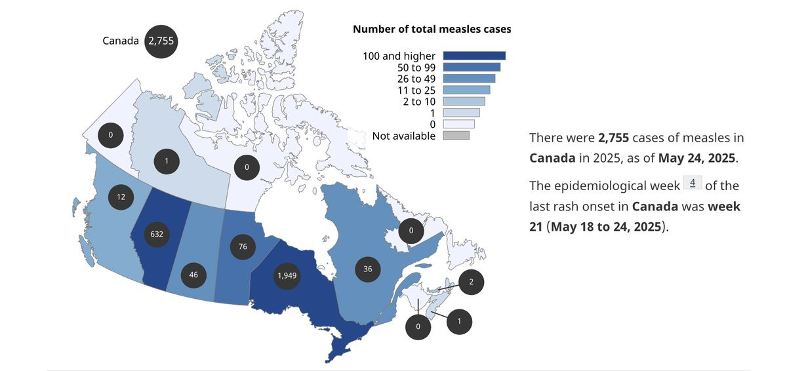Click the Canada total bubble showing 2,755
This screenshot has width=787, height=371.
pos(161,41)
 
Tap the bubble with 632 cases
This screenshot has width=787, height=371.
pos(157,234)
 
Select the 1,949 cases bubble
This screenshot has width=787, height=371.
pos(287,275)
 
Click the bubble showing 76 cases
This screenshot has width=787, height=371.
pos(243,246)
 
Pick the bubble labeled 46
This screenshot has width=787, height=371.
pos(193,275)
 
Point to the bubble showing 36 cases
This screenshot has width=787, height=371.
pos(367,269)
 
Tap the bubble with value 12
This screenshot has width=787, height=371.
pos(121,197)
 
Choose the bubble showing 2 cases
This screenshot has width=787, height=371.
pos(471,282)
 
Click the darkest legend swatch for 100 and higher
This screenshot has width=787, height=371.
pos(474,56)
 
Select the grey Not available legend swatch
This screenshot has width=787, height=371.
pos(456,136)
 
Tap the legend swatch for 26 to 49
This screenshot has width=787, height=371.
pos(469,79)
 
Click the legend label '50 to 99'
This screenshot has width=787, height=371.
pos(416,68)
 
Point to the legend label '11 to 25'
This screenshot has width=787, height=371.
pos(416,90)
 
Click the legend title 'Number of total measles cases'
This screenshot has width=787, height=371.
pos(432,29)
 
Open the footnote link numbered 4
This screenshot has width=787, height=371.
pos(693,182)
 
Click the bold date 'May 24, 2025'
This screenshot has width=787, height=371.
pos(696,158)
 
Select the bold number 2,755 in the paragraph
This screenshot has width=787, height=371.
pos(613,138)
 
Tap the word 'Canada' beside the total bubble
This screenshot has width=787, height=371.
pos(121,41)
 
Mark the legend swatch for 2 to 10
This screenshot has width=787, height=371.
pos(464,102)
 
